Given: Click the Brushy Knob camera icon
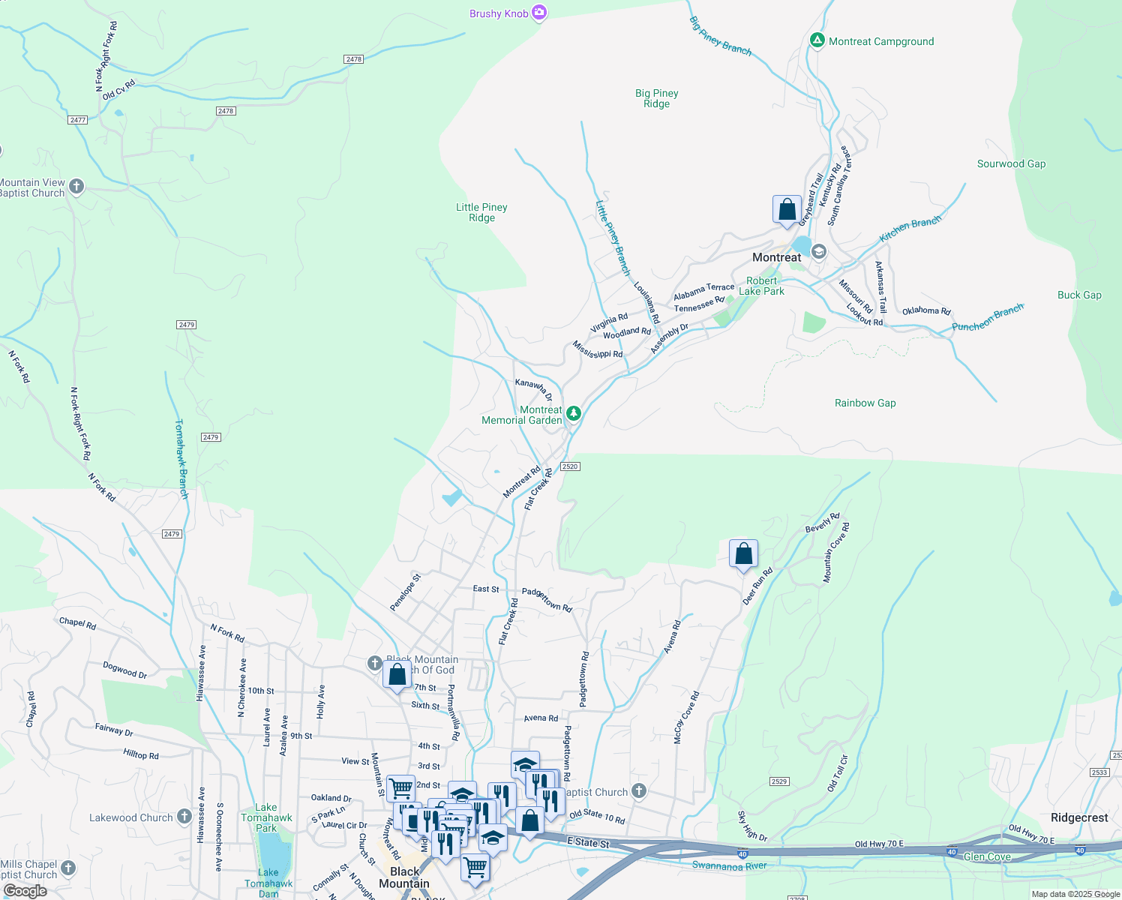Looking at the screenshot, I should (x=538, y=13).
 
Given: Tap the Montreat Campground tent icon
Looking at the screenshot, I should (x=817, y=40).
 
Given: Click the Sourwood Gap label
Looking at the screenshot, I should (x=1011, y=163).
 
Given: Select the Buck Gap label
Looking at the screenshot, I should (x=1079, y=295).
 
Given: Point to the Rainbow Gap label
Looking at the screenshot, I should (x=865, y=403).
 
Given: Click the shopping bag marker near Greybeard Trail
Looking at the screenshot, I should (x=787, y=209).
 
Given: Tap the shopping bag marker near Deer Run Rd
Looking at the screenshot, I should (x=743, y=554).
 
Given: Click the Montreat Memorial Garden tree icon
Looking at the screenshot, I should (x=573, y=413).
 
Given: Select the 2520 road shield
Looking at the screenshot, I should (x=570, y=466).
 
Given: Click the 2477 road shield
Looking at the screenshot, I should (x=77, y=120).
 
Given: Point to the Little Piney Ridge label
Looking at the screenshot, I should (x=481, y=212).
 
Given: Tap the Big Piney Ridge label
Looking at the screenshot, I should (x=656, y=98).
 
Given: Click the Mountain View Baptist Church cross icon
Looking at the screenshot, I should (x=76, y=186).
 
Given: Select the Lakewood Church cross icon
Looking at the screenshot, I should (x=184, y=817).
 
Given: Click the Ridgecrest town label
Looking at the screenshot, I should (x=1079, y=817).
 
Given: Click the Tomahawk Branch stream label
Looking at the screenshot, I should (x=181, y=459).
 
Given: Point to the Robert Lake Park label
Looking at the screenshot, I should (x=761, y=286).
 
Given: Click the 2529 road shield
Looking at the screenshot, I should (x=779, y=781).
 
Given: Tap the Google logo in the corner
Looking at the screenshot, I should (x=25, y=890).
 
